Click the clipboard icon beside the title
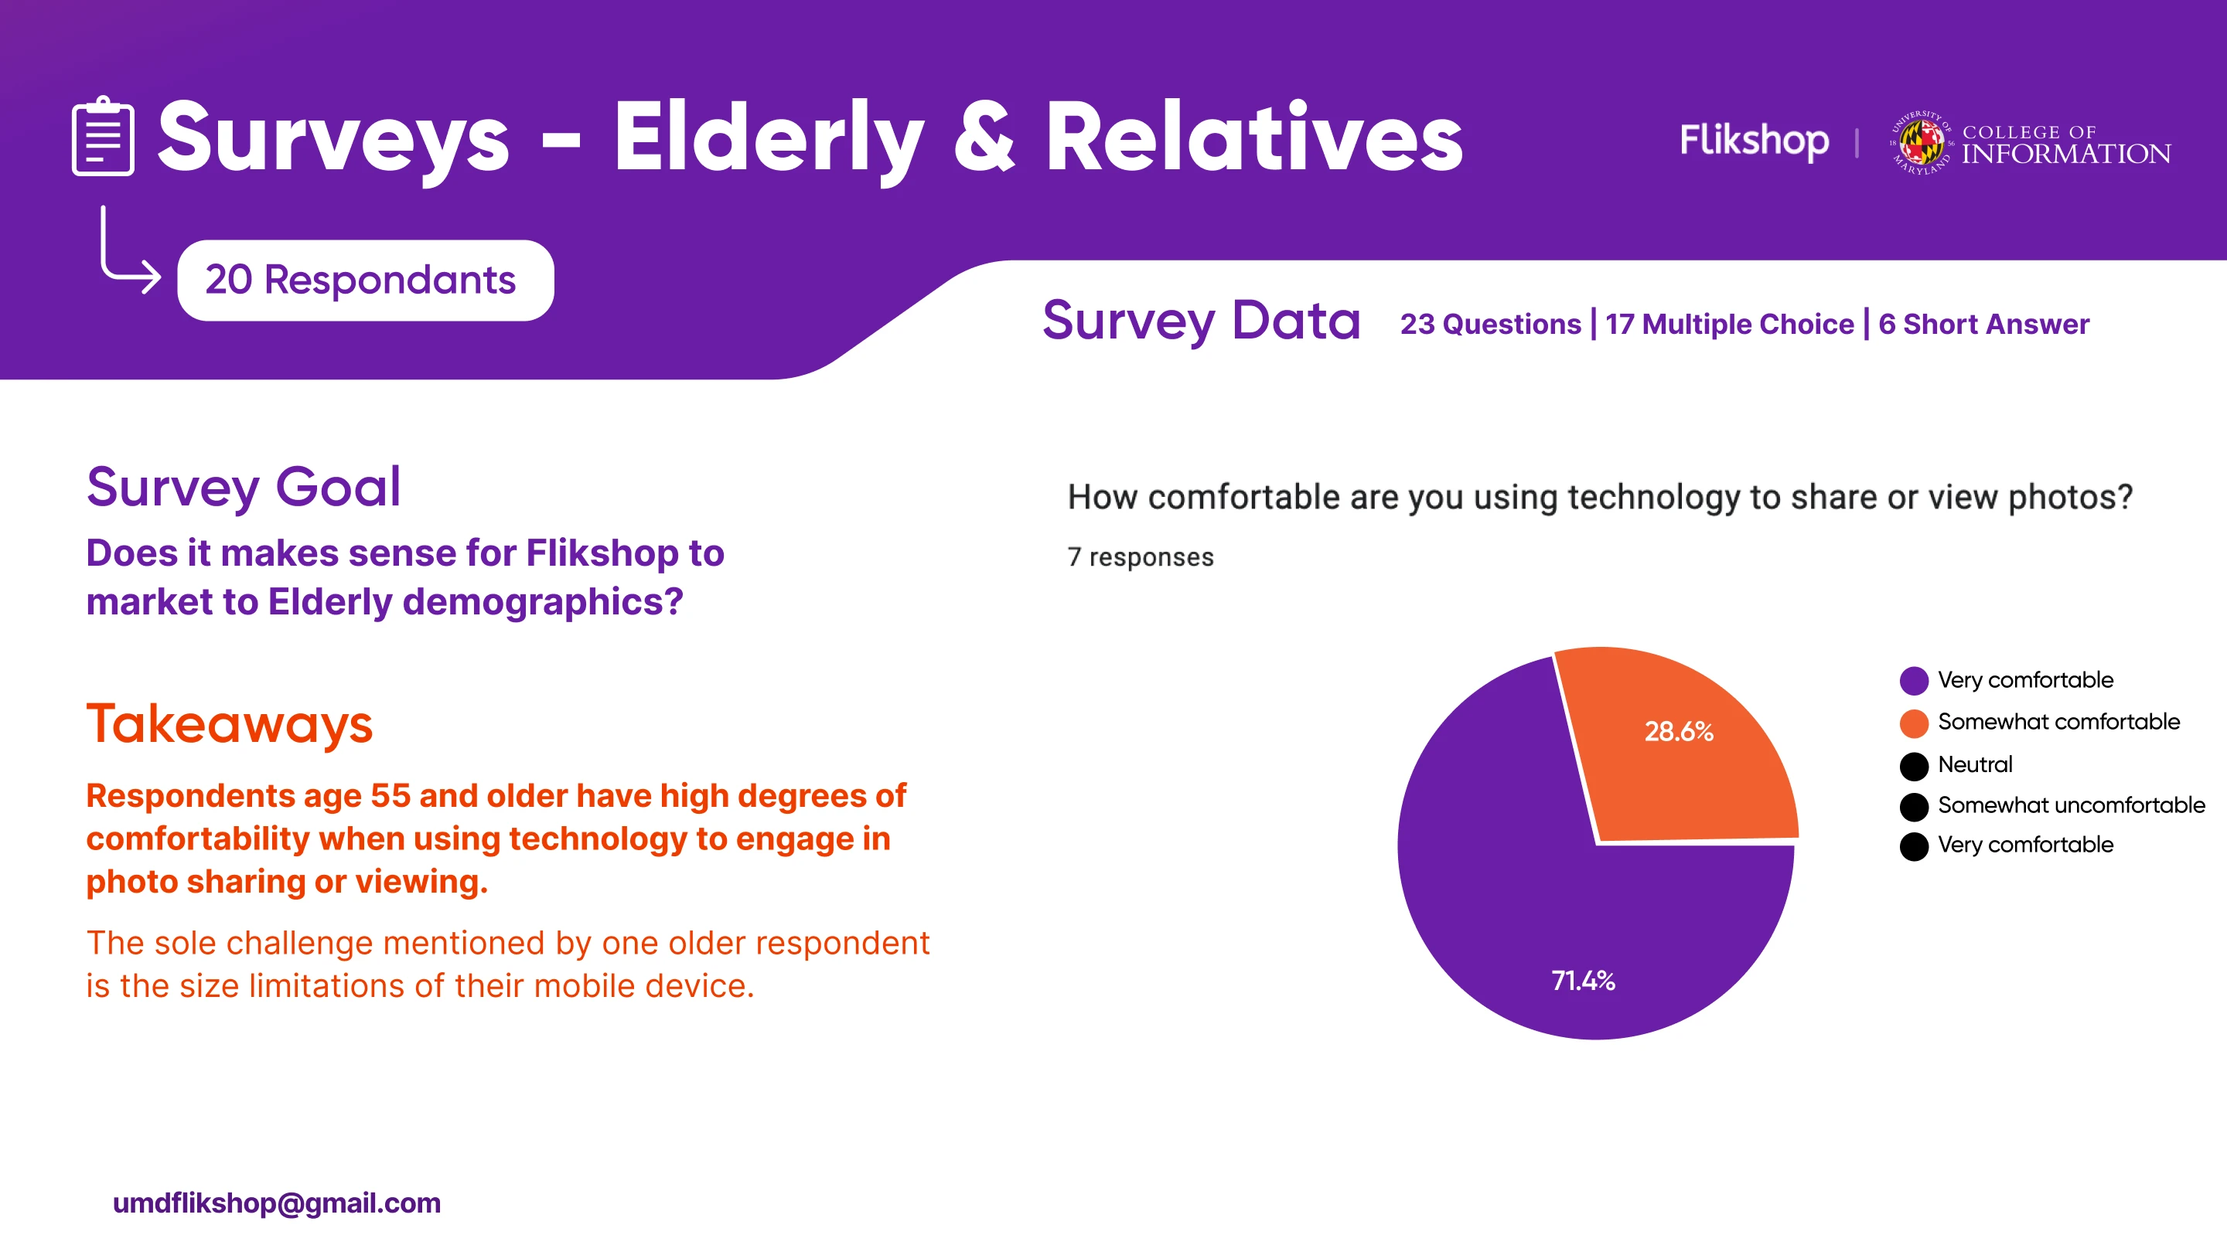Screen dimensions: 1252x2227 pos(103,137)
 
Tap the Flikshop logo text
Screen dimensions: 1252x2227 pos(1753,140)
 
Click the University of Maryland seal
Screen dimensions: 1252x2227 pos(1920,142)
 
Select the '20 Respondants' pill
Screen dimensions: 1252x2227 pos(365,280)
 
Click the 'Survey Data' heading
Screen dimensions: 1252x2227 pos(1201,322)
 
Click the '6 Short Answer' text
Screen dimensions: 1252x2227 pos(1983,324)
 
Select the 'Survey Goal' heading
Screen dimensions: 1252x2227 pos(244,488)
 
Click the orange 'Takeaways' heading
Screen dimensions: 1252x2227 pos(229,724)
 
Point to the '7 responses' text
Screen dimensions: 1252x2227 pos(1141,557)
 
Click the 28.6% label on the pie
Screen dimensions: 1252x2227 pos(1678,732)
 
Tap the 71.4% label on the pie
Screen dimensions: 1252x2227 pos(1583,981)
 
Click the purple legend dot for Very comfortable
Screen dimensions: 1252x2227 pos(1913,681)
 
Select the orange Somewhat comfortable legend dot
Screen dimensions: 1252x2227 pos(1913,723)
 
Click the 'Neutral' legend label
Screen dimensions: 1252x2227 pos(1975,764)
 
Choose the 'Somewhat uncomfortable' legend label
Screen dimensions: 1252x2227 pos(2071,805)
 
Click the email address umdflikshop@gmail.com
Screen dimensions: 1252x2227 pos(277,1203)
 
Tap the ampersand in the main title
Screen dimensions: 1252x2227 pos(984,138)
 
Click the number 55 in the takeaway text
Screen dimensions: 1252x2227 pos(390,796)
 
